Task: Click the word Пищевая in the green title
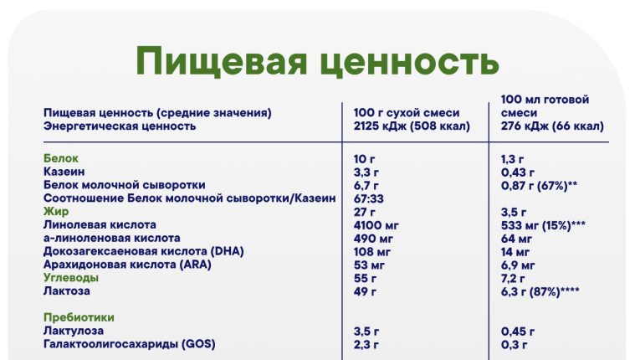[221, 62]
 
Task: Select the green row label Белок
[61, 158]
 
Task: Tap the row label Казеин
[64, 172]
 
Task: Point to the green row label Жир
[56, 211]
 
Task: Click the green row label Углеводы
[71, 278]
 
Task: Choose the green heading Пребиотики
[79, 317]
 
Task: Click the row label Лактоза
[66, 291]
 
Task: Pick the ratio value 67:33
[368, 198]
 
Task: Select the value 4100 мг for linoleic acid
[376, 225]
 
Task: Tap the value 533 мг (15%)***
[543, 225]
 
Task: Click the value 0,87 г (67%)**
[539, 186]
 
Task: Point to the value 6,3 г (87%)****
[540, 291]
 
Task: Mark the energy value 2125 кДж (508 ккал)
[412, 126]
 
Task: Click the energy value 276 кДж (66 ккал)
[552, 126]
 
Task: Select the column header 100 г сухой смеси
[407, 112]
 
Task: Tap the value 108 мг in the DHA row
[371, 252]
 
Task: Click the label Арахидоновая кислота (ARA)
[127, 265]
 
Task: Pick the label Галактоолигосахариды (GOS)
[129, 344]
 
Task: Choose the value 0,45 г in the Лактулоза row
[518, 332]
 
